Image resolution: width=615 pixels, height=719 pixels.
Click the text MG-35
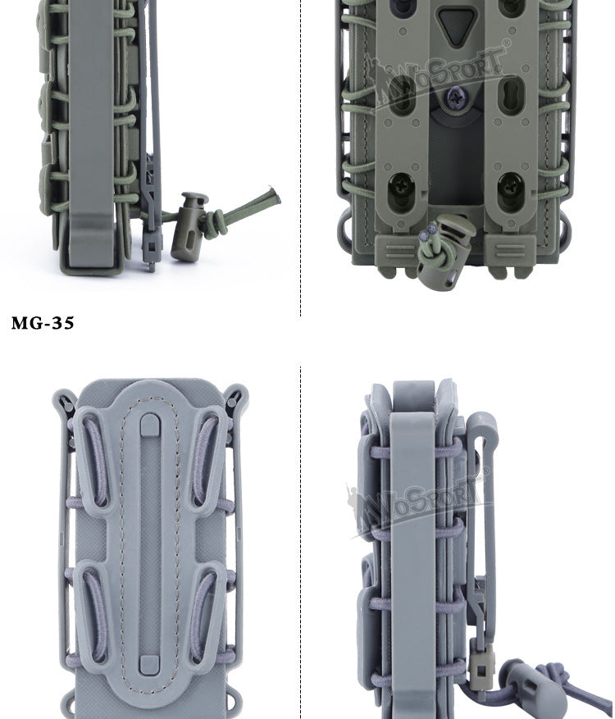pyautogui.click(x=43, y=323)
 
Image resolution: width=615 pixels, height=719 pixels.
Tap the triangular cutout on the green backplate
pyautogui.click(x=455, y=26)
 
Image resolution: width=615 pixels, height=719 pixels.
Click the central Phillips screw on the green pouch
pyautogui.click(x=456, y=98)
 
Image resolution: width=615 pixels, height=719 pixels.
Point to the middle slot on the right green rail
pyautogui.click(x=510, y=95)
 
